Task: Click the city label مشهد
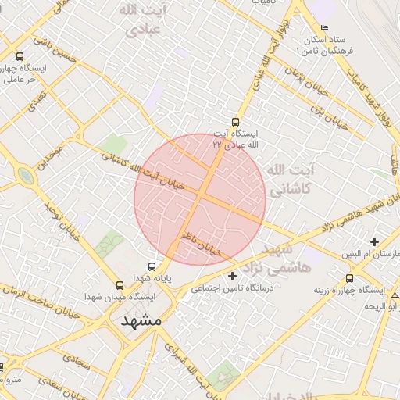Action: pos(141,321)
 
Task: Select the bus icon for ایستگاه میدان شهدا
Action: pos(120,285)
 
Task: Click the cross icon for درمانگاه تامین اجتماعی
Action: pos(232,276)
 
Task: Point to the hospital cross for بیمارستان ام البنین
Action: pos(375,241)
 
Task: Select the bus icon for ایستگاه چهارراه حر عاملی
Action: pos(20,56)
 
